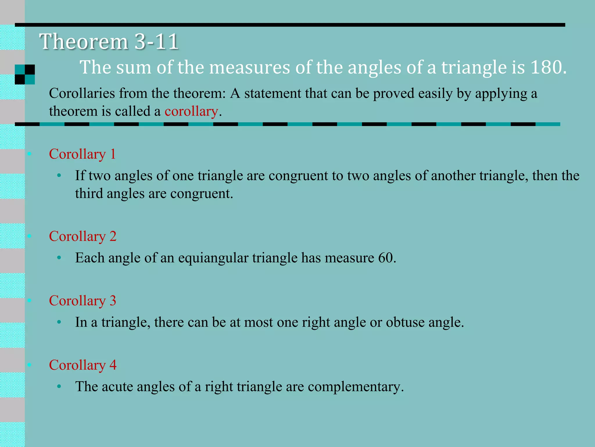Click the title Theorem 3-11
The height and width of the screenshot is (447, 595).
pyautogui.click(x=109, y=42)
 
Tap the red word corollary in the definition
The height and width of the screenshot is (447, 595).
pyautogui.click(x=191, y=111)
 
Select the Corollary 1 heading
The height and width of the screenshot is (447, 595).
pyautogui.click(x=82, y=154)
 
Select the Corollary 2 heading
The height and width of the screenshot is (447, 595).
pyautogui.click(x=83, y=236)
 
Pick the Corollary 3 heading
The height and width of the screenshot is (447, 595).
pyautogui.click(x=83, y=301)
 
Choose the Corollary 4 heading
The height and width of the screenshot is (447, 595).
pyautogui.click(x=83, y=365)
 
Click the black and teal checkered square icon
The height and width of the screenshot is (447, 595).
pyautogui.click(x=25, y=74)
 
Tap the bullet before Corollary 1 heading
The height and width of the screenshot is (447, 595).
pyautogui.click(x=29, y=154)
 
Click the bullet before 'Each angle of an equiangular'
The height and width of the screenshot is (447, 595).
pyautogui.click(x=59, y=258)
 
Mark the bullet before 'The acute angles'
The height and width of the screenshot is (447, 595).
pyautogui.click(x=59, y=387)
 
